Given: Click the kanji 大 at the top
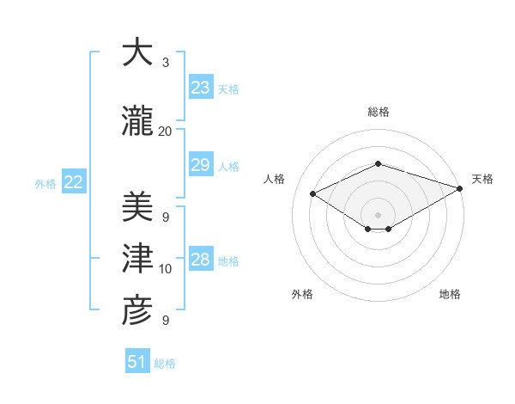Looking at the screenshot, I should (x=136, y=52).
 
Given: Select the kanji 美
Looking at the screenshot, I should (x=136, y=206).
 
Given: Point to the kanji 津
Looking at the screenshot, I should (x=136, y=257).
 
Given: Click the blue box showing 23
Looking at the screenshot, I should (x=200, y=88).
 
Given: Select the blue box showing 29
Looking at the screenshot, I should (x=200, y=166).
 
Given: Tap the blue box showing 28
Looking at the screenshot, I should (x=200, y=260).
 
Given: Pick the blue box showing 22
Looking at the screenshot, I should (x=73, y=182).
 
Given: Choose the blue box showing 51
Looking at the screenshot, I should (x=137, y=362).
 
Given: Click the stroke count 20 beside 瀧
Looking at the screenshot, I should (x=165, y=132).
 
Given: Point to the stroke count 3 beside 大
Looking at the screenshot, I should (x=165, y=63).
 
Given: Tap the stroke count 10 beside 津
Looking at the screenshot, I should (x=165, y=269).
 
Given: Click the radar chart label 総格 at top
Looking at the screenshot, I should (x=378, y=112).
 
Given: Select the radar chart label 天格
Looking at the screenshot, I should (x=482, y=179).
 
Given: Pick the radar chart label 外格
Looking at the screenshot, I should (x=301, y=294).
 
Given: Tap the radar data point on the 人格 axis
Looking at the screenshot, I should (x=313, y=193).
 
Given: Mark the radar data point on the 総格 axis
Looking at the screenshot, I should (x=378, y=163).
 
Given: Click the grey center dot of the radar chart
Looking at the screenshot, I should (x=378, y=214).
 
